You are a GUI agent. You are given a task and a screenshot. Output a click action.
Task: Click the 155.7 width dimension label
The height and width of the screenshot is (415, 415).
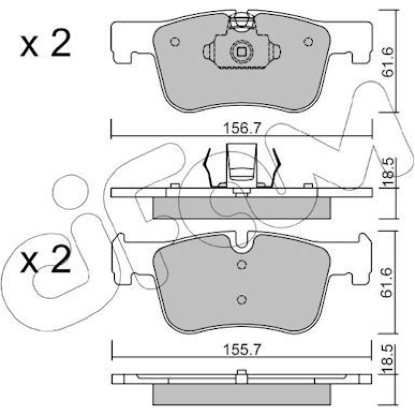tap(242, 350)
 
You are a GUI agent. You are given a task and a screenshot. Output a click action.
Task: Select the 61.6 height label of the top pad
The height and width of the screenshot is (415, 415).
tap(388, 63)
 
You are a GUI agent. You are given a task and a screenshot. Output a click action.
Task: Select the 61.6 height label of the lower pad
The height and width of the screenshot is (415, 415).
tap(388, 283)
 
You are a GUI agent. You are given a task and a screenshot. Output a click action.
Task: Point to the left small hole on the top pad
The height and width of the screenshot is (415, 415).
tap(175, 42)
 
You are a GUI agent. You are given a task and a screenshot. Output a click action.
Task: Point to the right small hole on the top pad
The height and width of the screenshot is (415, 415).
tap(308, 42)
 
